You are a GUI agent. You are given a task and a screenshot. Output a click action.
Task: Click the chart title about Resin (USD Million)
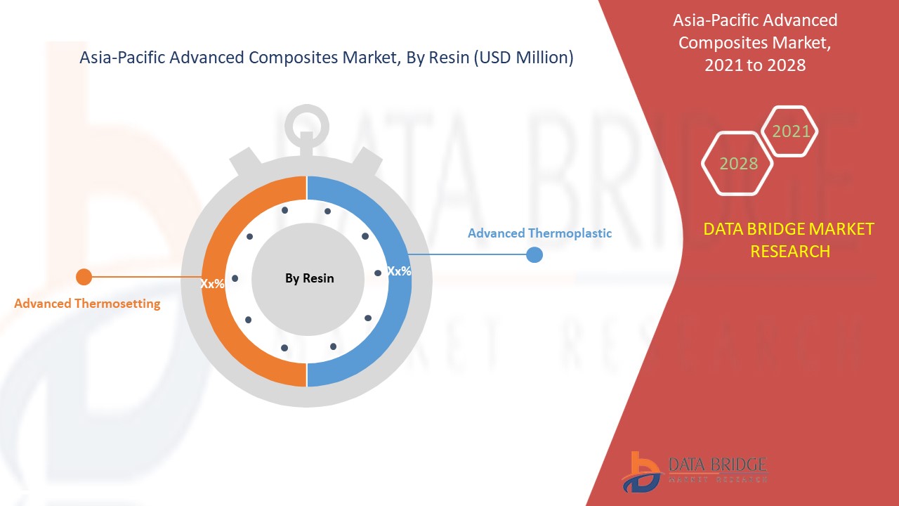pyautogui.click(x=327, y=58)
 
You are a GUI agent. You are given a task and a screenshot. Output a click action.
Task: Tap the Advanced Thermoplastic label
pyautogui.click(x=539, y=233)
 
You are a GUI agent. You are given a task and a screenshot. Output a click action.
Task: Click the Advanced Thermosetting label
pyautogui.click(x=87, y=304)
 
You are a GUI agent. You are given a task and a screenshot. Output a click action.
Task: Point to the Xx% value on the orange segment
pyautogui.click(x=212, y=284)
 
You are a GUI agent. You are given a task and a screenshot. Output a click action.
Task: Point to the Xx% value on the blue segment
pyautogui.click(x=399, y=271)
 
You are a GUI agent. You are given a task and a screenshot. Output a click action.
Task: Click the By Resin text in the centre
pyautogui.click(x=309, y=278)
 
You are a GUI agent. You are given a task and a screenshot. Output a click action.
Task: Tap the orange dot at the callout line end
pyautogui.click(x=84, y=277)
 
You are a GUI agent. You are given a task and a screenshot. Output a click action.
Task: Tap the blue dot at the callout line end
pyautogui.click(x=534, y=254)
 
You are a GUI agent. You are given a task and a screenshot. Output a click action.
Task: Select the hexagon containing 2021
pyautogui.click(x=791, y=131)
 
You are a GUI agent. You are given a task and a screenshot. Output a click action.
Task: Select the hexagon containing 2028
pyautogui.click(x=737, y=164)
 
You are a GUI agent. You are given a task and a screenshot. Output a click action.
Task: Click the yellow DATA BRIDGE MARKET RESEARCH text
pyautogui.click(x=789, y=240)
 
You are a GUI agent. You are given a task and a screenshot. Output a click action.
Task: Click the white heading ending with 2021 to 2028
pyautogui.click(x=755, y=42)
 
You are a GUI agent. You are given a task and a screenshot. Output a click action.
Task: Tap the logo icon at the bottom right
pyautogui.click(x=641, y=472)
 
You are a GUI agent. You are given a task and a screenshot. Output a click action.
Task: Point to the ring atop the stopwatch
pyautogui.click(x=306, y=125)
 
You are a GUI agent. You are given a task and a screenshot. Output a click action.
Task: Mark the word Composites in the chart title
pyautogui.click(x=290, y=58)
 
